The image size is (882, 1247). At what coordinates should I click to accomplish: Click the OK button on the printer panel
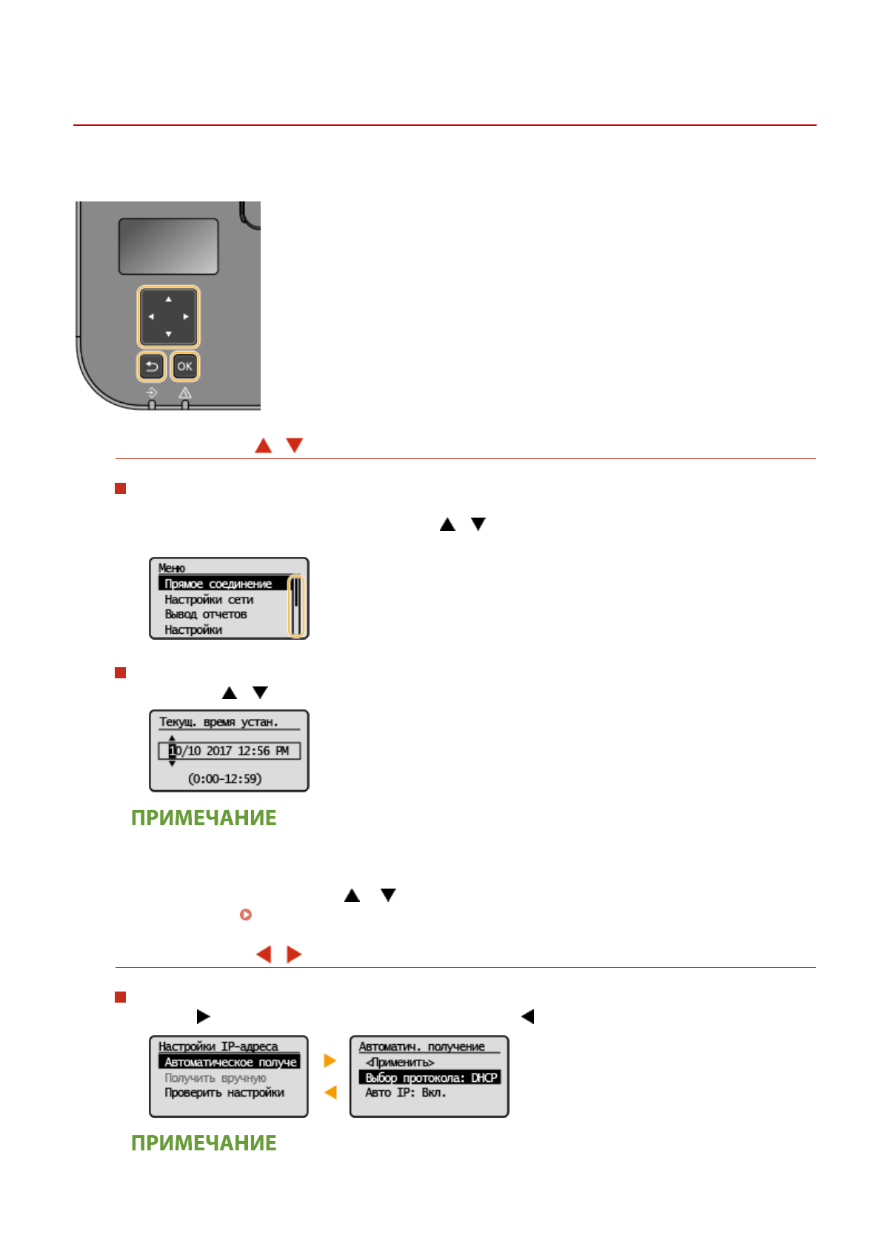click(x=184, y=367)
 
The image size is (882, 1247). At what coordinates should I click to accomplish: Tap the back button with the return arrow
click(x=152, y=367)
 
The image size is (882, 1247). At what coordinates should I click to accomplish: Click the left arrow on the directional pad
click(x=151, y=317)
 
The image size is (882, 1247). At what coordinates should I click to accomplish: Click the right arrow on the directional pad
click(x=186, y=317)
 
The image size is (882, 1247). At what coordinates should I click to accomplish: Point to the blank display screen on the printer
click(x=168, y=247)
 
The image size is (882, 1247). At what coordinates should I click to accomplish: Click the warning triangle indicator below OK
click(x=185, y=393)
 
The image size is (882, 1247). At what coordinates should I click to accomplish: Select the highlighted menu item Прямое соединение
click(x=218, y=584)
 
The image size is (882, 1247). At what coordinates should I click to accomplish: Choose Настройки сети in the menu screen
click(x=209, y=600)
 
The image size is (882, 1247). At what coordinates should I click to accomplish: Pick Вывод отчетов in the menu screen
click(x=206, y=615)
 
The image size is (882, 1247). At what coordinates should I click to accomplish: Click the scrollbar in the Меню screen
click(x=295, y=606)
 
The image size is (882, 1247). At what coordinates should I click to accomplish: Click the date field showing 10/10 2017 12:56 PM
click(x=229, y=751)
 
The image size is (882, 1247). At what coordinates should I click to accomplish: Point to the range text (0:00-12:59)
click(x=224, y=779)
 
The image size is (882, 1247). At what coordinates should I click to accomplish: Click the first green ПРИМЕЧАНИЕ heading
click(x=204, y=818)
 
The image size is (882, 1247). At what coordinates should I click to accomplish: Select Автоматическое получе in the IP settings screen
click(x=230, y=1063)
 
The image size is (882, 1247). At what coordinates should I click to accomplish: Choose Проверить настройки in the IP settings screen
click(x=224, y=1093)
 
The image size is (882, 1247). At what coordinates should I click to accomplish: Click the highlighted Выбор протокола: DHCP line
click(x=430, y=1078)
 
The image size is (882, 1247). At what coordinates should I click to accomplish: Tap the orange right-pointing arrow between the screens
click(x=330, y=1061)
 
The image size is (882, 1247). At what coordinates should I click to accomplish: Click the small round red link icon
click(x=246, y=915)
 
